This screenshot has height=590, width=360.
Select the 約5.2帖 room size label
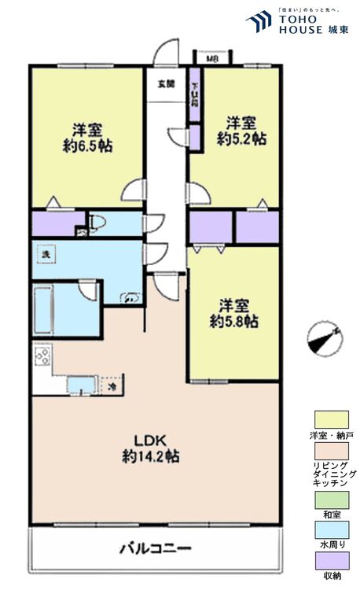pyautogui.click(x=241, y=138)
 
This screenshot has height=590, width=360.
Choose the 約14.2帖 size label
pyautogui.click(x=150, y=455)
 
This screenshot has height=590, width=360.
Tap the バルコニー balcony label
pyautogui.click(x=156, y=547)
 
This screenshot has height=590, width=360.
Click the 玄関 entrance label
pyautogui.click(x=165, y=83)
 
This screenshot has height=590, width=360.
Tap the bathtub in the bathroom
pyautogui.click(x=55, y=310)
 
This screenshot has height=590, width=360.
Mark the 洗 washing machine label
pyautogui.click(x=46, y=256)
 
